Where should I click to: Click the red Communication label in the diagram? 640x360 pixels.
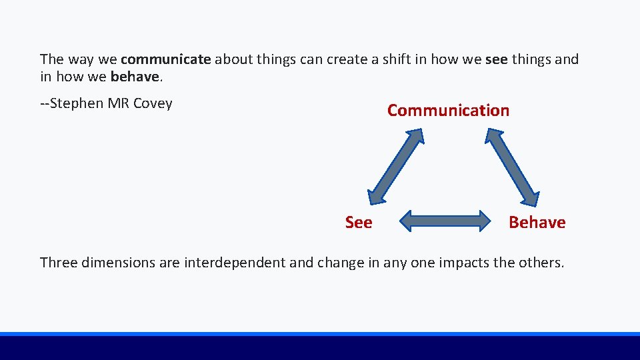[x=448, y=111]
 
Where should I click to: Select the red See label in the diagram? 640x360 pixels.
[x=359, y=223]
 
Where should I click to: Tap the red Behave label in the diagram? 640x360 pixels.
[x=537, y=223]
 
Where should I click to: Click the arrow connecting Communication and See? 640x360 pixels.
[x=396, y=165]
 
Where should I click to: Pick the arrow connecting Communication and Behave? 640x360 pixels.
[x=512, y=165]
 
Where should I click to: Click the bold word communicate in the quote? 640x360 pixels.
[x=166, y=59]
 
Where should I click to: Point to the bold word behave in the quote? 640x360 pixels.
[x=135, y=77]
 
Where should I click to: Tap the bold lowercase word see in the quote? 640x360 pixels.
[x=496, y=59]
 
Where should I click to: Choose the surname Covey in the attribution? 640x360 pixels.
[x=153, y=103]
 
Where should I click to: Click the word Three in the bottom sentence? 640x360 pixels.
[x=59, y=263]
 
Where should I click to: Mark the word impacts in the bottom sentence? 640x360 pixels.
[x=465, y=263]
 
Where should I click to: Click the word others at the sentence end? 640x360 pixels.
[x=541, y=263]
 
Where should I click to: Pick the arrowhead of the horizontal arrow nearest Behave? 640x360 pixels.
[x=483, y=221]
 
